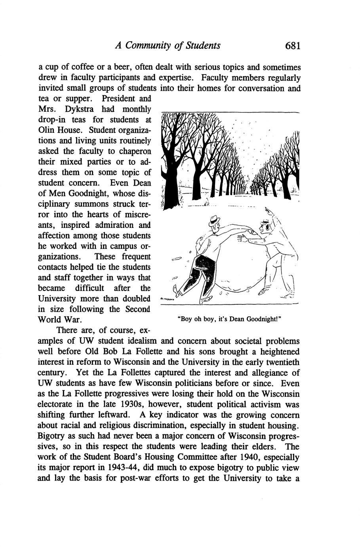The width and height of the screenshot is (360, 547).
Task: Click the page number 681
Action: (293, 46)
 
